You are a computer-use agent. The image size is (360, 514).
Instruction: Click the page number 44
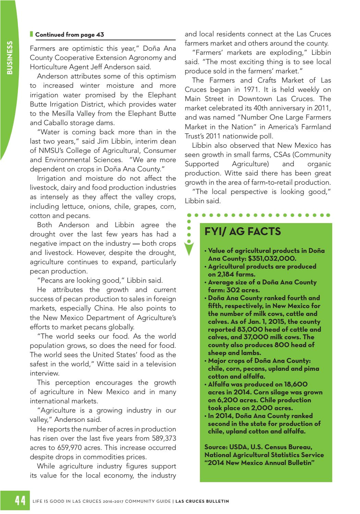(20, 501)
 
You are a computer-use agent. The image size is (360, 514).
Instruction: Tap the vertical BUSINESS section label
(10, 58)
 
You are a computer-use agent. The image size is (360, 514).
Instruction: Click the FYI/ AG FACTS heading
(242, 232)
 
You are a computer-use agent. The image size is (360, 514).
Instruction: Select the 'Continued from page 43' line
(70, 35)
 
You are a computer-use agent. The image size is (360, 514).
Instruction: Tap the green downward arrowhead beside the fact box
(189, 249)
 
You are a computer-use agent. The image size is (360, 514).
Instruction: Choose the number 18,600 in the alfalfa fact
(292, 384)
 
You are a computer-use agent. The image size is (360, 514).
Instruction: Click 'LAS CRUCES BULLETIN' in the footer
(202, 501)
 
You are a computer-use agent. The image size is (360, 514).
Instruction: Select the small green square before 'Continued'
(32, 34)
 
